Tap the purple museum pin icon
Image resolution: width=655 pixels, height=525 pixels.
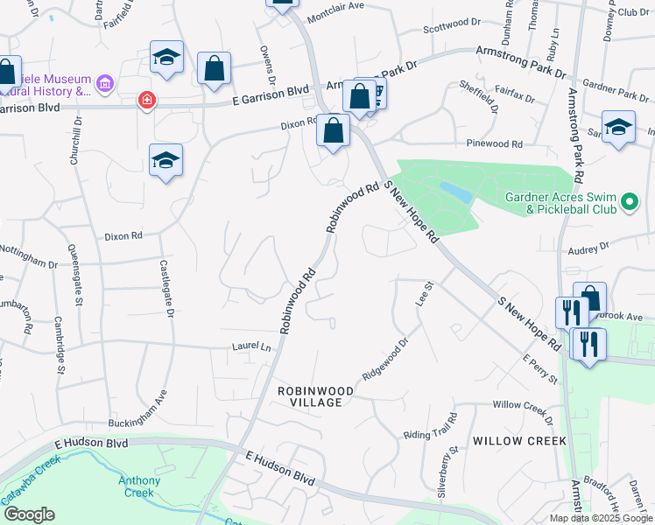(x=105, y=84)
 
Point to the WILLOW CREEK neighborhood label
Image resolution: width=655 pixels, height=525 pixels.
(x=519, y=441)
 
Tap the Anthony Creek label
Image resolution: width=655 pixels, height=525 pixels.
(x=139, y=486)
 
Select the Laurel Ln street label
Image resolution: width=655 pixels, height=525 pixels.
(x=252, y=346)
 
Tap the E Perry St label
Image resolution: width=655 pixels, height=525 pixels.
(x=539, y=368)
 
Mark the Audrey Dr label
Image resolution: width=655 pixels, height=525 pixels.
(x=588, y=248)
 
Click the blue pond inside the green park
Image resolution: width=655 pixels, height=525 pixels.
(x=452, y=190)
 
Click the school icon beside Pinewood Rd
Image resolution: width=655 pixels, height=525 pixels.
(x=618, y=127)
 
